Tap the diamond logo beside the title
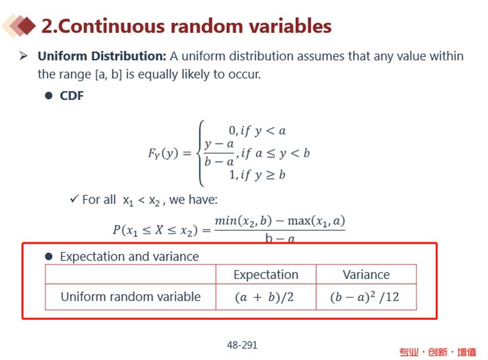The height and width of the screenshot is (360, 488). coord(19,26)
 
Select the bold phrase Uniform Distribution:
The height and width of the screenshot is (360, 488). coord(102,56)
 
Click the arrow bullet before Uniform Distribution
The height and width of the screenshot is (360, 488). coord(23,56)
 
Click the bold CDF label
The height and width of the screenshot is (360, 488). coord(72,96)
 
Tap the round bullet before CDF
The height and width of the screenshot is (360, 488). coord(49,96)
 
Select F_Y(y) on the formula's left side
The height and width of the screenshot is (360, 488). coord(163,153)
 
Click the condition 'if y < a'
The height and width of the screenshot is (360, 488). coord(263,131)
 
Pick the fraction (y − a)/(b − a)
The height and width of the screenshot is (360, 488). coord(219,153)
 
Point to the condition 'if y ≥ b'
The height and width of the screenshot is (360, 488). coord(263,175)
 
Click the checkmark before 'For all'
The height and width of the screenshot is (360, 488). coord(74,199)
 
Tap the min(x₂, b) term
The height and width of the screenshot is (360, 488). coord(243,221)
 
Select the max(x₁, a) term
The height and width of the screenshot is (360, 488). coord(316,221)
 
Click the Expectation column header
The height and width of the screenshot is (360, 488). coord(266,275)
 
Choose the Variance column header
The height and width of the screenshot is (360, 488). coord(366,275)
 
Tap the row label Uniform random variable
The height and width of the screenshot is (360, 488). coord(131,297)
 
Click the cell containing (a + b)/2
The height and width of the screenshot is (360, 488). coord(266,297)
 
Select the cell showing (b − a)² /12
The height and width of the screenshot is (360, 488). coord(366,297)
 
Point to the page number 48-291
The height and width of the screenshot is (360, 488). coord(242,345)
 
